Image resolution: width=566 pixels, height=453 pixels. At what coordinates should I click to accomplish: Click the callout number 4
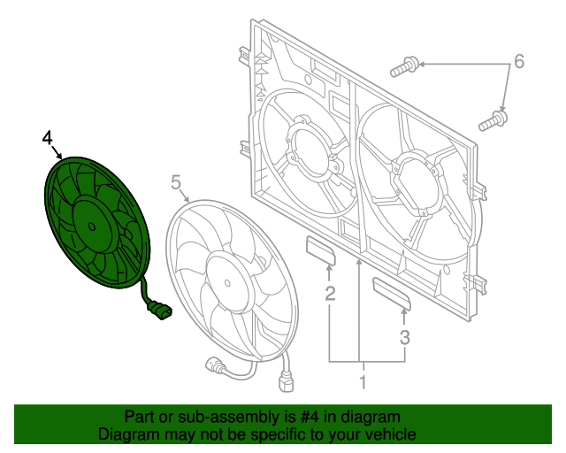(x=47, y=138)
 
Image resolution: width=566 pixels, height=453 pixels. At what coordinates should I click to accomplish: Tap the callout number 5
(x=176, y=182)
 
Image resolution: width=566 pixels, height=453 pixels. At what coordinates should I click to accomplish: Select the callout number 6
(x=519, y=61)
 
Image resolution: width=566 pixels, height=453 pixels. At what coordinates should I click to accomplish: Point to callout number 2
(x=330, y=294)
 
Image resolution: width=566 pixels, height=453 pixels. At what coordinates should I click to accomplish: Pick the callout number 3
(x=405, y=337)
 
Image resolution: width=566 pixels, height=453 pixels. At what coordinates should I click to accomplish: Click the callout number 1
(x=363, y=382)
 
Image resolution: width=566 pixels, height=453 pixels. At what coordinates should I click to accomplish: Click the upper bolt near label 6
(x=404, y=66)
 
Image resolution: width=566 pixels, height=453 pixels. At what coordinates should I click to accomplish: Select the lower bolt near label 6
(x=493, y=121)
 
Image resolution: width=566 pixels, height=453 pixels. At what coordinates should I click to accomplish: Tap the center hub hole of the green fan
(x=92, y=226)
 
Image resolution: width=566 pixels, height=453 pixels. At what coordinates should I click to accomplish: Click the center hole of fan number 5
(x=227, y=283)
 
